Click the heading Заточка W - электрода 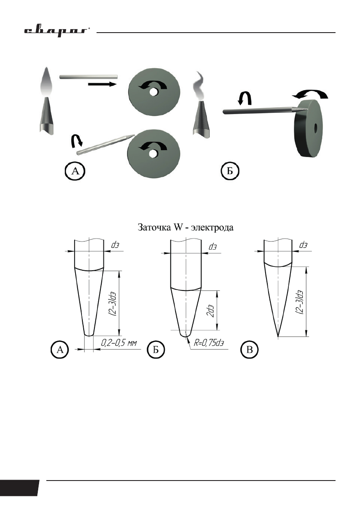pyautogui.click(x=185, y=227)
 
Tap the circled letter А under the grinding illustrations pyautogui.click(x=75, y=171)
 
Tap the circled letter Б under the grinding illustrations pyautogui.click(x=230, y=171)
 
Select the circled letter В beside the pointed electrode pyautogui.click(x=250, y=350)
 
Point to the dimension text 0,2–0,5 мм pyautogui.click(x=119, y=343)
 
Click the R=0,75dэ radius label pyautogui.click(x=209, y=343)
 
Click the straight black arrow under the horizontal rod pyautogui.click(x=102, y=85)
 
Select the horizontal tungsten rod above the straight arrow pyautogui.click(x=88, y=76)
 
